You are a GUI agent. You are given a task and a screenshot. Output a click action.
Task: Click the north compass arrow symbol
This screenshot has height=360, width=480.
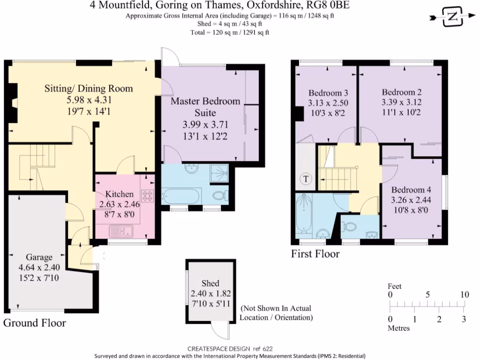451,17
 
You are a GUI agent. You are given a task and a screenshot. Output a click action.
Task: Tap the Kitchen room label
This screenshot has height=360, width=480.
119,194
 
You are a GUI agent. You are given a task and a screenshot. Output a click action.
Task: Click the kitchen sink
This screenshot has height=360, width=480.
121,230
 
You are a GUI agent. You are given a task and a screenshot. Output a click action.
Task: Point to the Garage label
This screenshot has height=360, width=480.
39,257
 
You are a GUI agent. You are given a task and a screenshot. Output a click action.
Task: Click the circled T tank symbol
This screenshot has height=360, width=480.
306,179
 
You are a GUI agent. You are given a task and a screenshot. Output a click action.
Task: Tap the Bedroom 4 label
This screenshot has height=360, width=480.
411,190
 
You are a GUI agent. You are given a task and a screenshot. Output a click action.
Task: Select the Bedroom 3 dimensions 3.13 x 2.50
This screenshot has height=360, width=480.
328,103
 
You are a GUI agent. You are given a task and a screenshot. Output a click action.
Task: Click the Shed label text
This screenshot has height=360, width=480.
210,284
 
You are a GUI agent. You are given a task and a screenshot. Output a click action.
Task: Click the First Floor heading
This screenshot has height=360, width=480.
315,255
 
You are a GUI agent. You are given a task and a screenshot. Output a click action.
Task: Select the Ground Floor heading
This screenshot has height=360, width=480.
35,323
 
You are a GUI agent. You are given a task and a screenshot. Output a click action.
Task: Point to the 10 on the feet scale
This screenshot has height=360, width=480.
464,295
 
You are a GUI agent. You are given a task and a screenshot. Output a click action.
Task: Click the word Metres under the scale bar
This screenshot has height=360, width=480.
398,328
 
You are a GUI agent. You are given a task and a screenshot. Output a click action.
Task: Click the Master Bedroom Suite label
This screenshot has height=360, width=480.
205,107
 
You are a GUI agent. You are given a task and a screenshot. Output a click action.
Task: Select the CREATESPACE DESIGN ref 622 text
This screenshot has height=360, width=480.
230,349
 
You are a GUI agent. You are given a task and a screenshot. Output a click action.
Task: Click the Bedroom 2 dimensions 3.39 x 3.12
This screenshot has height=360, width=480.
398,102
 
